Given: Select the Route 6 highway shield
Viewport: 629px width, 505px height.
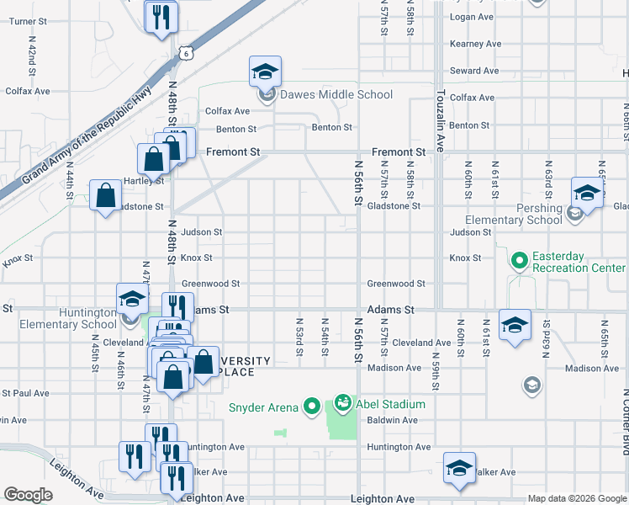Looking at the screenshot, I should pos(184,53).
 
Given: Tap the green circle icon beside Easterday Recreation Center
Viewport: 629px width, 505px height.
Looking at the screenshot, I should pos(519,261).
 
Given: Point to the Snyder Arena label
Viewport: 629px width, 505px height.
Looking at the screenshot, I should pos(263,407).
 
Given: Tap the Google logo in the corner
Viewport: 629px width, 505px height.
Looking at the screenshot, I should pos(28,495).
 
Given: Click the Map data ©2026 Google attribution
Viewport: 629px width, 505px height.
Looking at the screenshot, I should pos(577,498).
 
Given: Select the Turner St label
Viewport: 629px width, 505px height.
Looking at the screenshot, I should pos(26,21).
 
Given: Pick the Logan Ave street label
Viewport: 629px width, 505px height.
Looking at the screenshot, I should pos(471,17).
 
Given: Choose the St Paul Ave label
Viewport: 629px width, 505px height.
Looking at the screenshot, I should pos(25,392).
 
